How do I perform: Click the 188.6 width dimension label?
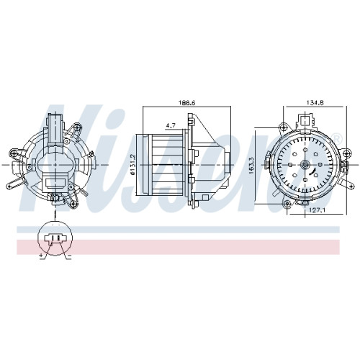click(187, 102)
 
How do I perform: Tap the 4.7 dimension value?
click(171, 125)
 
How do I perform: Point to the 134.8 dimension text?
click(315, 102)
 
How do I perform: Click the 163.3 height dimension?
click(251, 166)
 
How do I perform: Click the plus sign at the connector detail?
click(41, 256)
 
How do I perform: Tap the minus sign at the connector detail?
click(69, 256)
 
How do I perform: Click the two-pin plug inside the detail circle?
click(55, 238)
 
